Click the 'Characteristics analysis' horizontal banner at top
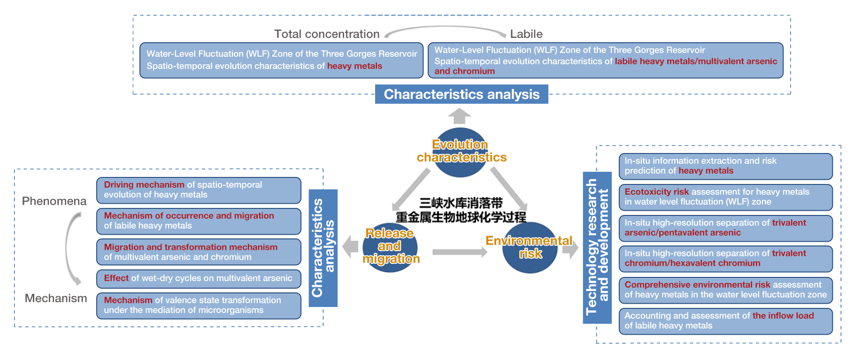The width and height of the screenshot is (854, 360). click(462, 94)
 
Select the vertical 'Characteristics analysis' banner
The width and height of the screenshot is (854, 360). click(323, 248)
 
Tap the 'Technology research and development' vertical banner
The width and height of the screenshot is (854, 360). click(597, 247)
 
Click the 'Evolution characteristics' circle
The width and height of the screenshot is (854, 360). click(461, 152)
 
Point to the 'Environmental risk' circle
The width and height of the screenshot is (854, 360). click(530, 247)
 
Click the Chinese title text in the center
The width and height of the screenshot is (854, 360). click(461, 210)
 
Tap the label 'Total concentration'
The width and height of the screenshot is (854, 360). click(327, 34)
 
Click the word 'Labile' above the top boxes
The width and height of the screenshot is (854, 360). click(526, 34)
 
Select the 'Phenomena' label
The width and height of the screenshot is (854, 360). click(54, 201)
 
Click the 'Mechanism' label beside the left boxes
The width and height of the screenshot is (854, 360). click(56, 298)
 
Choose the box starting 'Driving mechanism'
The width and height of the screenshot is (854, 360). click(199, 190)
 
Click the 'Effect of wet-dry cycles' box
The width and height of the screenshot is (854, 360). click(199, 279)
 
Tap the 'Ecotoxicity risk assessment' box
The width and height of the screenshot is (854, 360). click(725, 197)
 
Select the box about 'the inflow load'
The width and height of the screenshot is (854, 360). click(725, 321)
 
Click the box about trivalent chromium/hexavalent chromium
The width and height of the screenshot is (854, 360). click(725, 259)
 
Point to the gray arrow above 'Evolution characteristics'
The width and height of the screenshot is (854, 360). click(460, 116)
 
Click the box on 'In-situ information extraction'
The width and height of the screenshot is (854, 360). click(725, 166)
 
